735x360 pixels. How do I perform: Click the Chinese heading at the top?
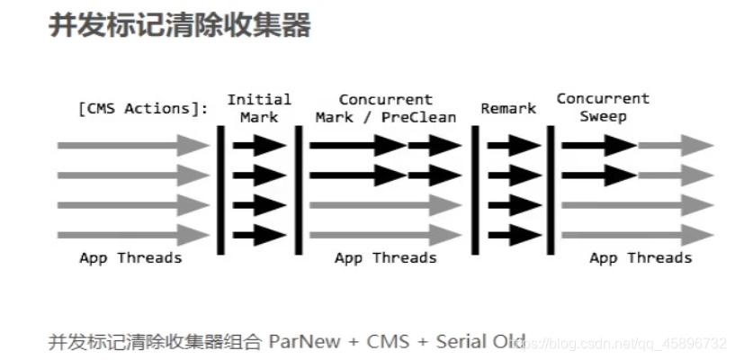click(x=179, y=25)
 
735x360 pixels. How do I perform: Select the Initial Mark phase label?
click(x=259, y=108)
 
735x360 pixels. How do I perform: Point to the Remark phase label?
click(x=507, y=109)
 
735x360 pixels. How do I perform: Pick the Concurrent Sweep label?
click(x=603, y=107)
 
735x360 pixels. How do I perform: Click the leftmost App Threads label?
click(x=130, y=258)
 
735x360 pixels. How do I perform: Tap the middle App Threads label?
click(x=385, y=258)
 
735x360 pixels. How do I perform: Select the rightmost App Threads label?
click(x=641, y=258)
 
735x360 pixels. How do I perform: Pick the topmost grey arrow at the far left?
click(x=131, y=145)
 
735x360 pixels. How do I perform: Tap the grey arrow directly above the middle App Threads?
click(x=385, y=236)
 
